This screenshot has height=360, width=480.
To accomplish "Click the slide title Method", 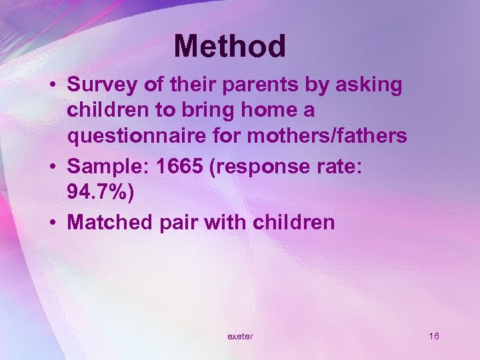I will pyautogui.click(x=230, y=47).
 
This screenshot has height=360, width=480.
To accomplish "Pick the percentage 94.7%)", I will pyautogui.click(x=100, y=193).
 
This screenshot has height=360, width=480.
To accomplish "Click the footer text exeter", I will pyautogui.click(x=240, y=337).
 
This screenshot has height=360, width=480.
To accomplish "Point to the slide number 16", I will pyautogui.click(x=434, y=336).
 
